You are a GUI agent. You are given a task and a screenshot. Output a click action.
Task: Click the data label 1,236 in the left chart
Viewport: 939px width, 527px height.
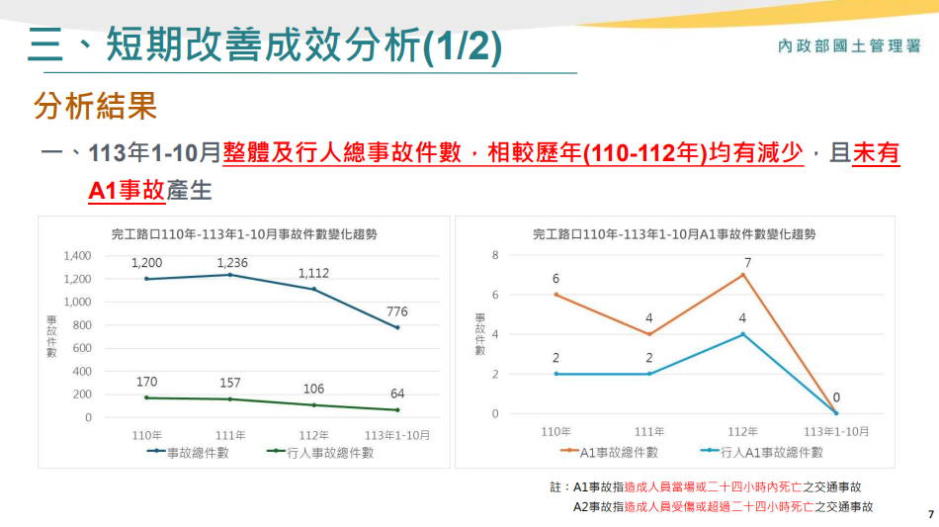[231, 262]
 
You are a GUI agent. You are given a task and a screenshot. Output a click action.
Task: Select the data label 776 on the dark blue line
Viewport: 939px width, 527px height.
[397, 311]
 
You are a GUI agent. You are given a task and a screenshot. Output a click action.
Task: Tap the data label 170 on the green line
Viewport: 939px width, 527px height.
[147, 381]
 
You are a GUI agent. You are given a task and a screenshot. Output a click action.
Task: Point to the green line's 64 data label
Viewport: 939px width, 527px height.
[397, 394]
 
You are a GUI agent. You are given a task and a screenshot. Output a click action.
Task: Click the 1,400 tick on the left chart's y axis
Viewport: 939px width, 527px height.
[75, 256]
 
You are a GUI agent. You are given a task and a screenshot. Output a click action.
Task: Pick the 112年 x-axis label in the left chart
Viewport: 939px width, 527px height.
[313, 434]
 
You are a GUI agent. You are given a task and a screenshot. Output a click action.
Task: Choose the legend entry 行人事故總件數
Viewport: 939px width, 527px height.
[320, 453]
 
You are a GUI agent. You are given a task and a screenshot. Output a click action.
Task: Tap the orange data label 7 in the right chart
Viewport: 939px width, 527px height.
[748, 263]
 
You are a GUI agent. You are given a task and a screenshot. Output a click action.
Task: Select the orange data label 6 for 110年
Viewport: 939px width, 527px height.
[556, 280]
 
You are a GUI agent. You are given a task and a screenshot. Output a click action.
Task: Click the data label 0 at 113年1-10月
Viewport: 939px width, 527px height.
[836, 397]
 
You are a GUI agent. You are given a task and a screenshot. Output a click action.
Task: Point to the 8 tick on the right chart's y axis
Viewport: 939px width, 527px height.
[495, 256]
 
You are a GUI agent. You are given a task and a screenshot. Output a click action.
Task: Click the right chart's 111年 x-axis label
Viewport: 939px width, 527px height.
[649, 432]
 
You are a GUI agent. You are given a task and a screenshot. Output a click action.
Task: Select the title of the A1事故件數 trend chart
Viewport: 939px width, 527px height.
[674, 234]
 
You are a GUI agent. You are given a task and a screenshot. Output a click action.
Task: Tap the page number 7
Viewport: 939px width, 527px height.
[930, 514]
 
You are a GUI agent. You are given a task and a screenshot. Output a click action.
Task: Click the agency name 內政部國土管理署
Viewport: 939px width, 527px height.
[849, 45]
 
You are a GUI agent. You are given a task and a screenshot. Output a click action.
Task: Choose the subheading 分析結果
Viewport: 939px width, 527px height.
[95, 106]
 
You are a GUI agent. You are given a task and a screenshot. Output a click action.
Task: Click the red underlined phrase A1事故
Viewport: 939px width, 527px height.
[126, 189]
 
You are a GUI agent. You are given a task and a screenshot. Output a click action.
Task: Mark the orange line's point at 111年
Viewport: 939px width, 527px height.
[649, 334]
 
